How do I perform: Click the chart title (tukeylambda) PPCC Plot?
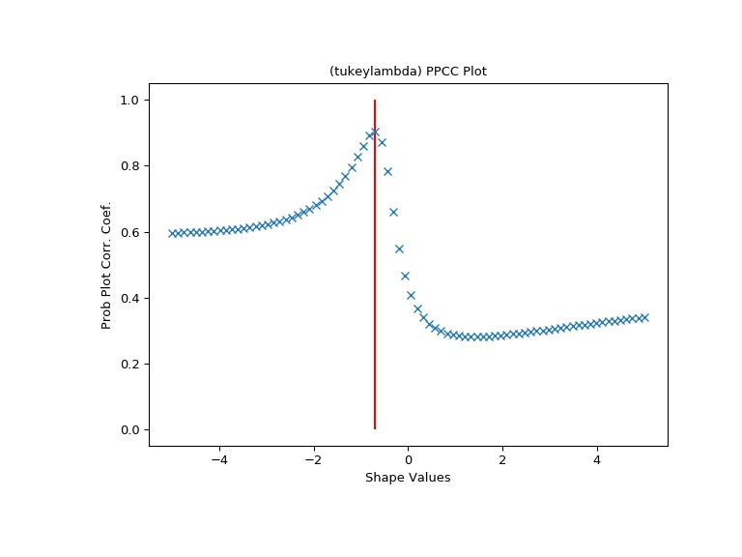[408, 72]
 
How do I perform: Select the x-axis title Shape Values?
[408, 478]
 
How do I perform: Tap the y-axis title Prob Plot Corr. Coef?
[107, 265]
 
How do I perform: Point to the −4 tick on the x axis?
[219, 460]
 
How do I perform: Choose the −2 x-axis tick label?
[313, 460]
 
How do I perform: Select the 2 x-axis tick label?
[502, 460]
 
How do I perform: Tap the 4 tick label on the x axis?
[597, 460]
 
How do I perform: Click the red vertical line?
[375, 290]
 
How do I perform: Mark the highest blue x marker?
[375, 132]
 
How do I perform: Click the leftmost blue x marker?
[172, 233]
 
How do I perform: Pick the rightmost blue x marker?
[644, 317]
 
